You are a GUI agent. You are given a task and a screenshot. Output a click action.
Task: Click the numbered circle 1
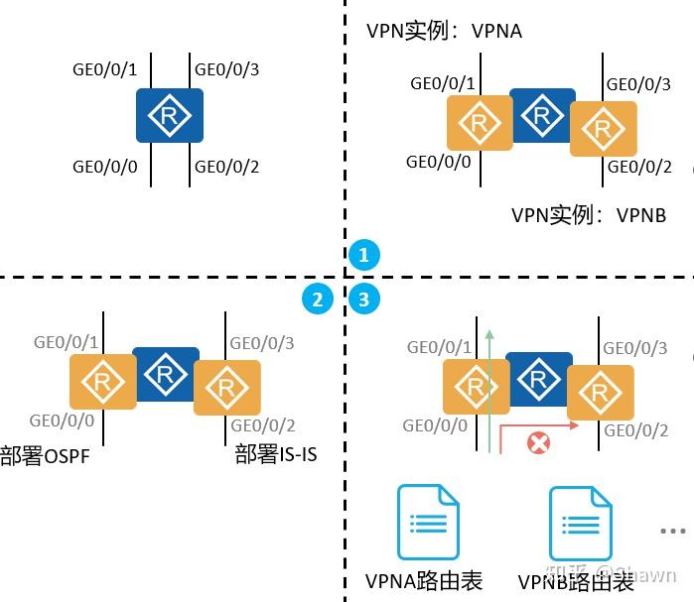363,256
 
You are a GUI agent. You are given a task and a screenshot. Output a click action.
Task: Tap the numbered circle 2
318,299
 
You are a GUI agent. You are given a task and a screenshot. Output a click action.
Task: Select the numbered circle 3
363,299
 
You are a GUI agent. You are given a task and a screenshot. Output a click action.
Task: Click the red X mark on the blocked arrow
538,442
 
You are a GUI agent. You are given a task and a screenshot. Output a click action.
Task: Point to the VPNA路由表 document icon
428,523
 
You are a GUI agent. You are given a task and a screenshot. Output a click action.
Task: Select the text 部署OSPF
45,456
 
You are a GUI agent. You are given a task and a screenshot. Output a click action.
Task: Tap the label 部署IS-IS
276,455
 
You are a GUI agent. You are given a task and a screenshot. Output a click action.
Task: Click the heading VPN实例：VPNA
444,32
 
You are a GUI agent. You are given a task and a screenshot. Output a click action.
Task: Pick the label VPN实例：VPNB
589,214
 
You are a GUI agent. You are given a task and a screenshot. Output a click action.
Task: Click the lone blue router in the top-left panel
170,115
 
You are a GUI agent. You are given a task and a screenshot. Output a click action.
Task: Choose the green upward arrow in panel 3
489,387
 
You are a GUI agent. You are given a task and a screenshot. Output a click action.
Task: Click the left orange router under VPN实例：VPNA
480,123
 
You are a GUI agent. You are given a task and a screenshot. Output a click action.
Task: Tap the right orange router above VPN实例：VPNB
603,129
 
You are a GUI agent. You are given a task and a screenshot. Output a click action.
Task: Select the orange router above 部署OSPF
102,382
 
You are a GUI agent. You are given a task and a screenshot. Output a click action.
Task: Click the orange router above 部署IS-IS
226,387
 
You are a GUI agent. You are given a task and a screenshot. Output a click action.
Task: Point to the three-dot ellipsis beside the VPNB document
673,532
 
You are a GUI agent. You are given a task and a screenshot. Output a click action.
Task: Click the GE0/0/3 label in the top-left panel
226,69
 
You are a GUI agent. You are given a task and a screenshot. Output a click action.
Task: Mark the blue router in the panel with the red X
539,378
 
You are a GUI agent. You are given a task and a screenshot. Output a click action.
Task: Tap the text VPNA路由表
424,581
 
